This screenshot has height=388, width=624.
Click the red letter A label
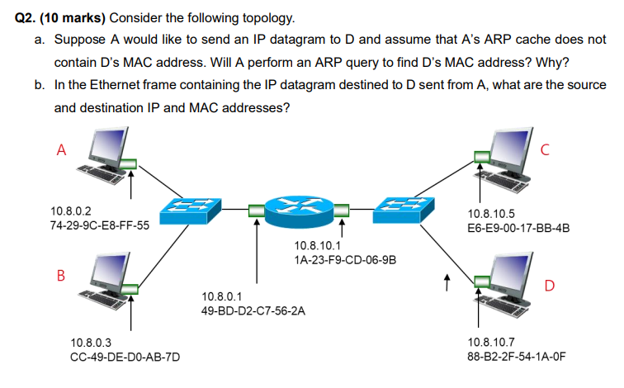pos(60,150)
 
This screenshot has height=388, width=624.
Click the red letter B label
pos(60,274)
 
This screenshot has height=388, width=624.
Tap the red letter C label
pos(545,150)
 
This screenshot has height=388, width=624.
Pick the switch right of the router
pos(401,210)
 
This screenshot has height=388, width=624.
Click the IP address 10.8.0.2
pos(71,212)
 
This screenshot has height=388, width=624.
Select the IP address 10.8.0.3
pos(92,342)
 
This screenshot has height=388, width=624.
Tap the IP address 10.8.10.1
pos(317,245)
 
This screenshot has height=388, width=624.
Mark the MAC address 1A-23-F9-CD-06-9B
pos(344,259)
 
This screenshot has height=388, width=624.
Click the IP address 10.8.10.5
pos(491,212)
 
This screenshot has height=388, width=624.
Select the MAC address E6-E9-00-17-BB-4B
pos(518,226)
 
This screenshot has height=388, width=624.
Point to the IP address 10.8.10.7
pos(491,342)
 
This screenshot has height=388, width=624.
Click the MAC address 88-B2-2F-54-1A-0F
pos(517,357)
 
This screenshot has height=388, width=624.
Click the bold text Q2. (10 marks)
pos(60,17)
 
